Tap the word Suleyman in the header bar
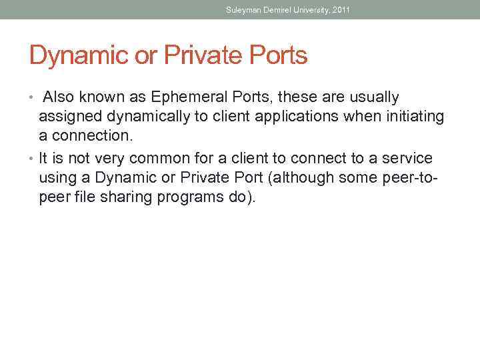coord(241,10)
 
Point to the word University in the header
coord(308,10)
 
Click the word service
coord(408,158)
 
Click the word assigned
coord(66,117)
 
